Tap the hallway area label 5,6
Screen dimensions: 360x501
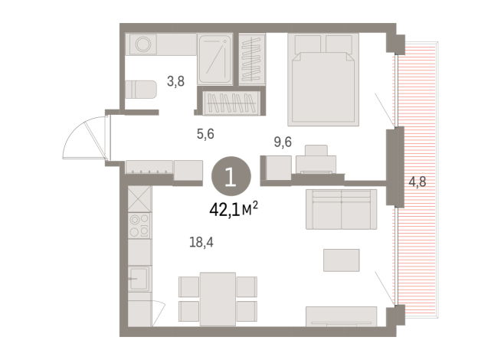point(205,133)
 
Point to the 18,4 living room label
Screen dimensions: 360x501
point(201,242)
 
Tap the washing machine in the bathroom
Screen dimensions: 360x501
point(143,44)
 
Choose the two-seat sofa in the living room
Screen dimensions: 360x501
point(342,209)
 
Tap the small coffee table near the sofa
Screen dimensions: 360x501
point(341,260)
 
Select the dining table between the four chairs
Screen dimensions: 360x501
point(217,296)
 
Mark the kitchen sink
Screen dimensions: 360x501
point(139,277)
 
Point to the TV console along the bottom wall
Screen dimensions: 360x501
point(342,316)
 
